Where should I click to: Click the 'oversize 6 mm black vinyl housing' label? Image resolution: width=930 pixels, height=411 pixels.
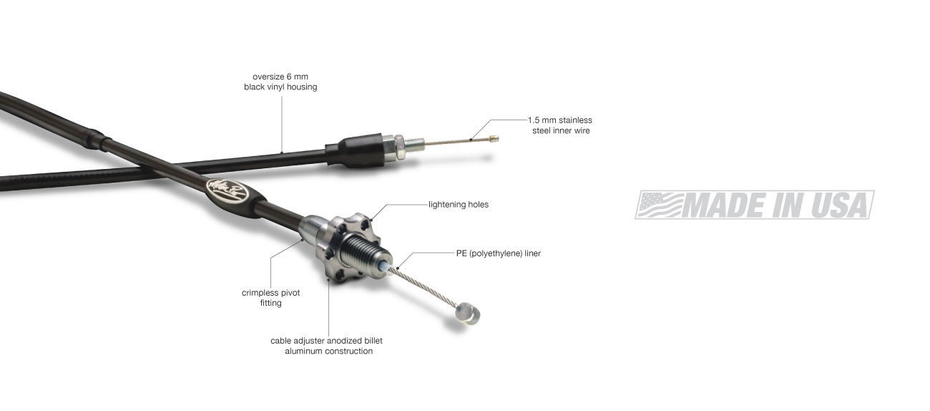(280, 82)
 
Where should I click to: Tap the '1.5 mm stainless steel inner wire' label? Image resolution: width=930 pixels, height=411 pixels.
(560, 125)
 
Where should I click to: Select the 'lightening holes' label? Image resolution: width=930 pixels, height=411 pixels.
(459, 205)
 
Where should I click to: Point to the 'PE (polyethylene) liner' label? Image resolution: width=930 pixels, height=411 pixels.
(498, 253)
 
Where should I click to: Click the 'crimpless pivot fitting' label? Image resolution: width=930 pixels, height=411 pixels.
(270, 298)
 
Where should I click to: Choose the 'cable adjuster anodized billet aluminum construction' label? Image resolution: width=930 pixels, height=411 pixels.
(327, 346)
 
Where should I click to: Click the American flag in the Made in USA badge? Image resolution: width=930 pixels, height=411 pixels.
(660, 205)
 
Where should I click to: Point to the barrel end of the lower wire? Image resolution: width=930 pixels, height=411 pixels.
(467, 313)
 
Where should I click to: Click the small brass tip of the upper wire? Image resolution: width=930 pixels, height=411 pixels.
(494, 138)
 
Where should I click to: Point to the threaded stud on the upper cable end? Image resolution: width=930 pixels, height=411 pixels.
(414, 144)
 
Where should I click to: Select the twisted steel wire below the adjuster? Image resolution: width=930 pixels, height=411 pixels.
(423, 286)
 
